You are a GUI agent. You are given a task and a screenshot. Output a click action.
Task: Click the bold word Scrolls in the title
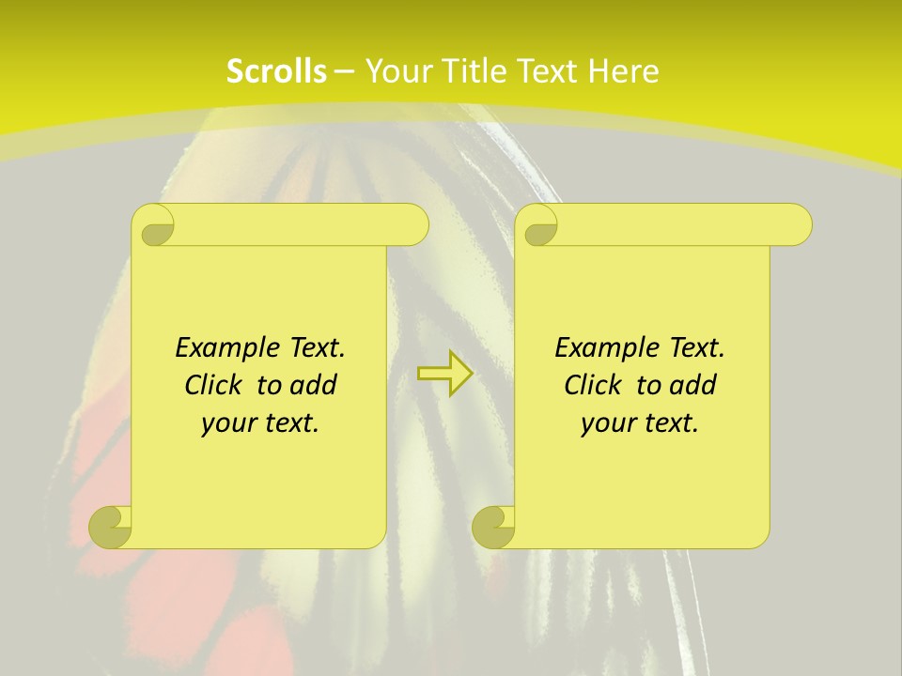(x=276, y=71)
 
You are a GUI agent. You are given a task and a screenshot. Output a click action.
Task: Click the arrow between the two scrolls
(x=444, y=374)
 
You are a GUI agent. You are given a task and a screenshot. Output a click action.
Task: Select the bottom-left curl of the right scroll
(x=494, y=526)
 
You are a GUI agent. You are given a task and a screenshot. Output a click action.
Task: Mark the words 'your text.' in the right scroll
(x=640, y=422)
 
